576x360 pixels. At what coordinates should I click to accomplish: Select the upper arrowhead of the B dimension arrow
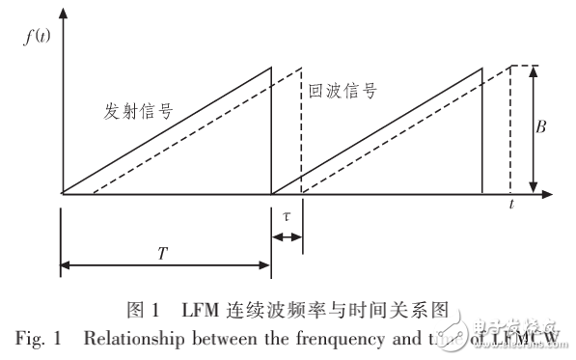click(x=533, y=70)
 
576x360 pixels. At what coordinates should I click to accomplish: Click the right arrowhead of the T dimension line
click(x=266, y=263)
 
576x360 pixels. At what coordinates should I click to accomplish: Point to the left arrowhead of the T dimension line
click(x=66, y=263)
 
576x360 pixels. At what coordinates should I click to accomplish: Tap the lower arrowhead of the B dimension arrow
click(x=533, y=188)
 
